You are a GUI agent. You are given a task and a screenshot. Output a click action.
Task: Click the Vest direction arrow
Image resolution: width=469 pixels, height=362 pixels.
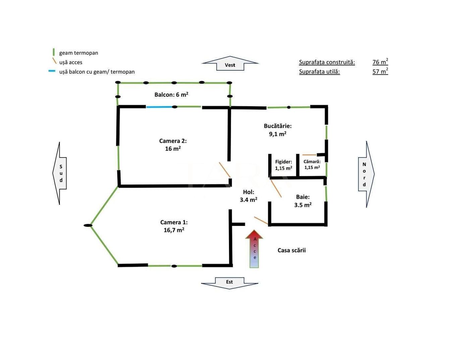coord(230,63)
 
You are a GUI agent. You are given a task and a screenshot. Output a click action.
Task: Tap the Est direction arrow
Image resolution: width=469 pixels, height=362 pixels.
coord(230,283)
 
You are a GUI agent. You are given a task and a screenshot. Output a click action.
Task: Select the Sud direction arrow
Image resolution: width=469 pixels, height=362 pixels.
coord(60,173)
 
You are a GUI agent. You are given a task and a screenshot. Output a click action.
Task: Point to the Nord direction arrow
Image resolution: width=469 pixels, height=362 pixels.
coord(365,174)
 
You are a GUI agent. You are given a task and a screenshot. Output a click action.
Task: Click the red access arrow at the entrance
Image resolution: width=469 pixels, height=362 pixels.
coord(254,248)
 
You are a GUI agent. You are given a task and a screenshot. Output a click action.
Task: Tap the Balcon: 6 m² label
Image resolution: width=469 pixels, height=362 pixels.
coord(171,95)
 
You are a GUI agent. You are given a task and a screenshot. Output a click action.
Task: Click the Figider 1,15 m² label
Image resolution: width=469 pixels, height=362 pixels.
coord(283,165)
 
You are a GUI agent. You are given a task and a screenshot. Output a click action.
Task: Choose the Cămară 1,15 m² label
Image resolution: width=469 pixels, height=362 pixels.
coord(312,165)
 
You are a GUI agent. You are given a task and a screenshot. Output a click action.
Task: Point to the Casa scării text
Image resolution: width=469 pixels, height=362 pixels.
coord(291,250)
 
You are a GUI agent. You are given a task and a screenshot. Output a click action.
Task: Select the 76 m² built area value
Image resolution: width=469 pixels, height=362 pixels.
coord(380,62)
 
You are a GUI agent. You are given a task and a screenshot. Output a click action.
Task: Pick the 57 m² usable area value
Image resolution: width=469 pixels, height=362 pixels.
coord(380,71)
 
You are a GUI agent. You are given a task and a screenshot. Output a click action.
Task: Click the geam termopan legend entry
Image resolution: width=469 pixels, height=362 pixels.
coord(78,53)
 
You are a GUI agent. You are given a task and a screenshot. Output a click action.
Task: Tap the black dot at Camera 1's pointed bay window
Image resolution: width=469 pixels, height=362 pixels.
coord(88,226)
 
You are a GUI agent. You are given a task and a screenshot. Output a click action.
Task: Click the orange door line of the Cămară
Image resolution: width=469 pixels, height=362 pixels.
coord(309,155)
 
